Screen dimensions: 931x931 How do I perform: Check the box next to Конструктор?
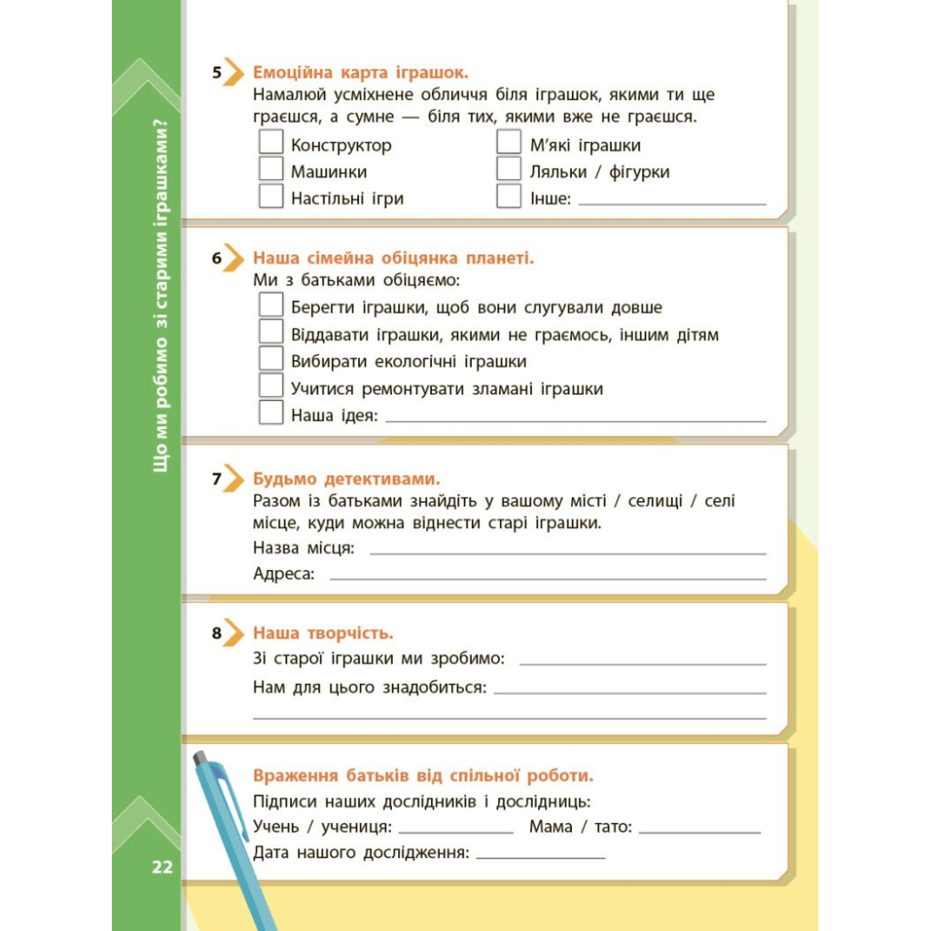coord(271,144)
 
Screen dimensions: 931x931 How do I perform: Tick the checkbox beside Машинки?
coord(271,170)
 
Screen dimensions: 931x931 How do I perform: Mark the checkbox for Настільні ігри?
coord(271,196)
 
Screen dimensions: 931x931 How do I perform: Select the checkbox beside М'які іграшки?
coord(509,144)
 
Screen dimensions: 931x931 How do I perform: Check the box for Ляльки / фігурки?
coord(509,170)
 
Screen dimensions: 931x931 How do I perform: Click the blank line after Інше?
coord(672,203)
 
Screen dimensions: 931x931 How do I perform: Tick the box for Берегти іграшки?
coord(271,305)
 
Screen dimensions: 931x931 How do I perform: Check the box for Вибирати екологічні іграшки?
coord(271,359)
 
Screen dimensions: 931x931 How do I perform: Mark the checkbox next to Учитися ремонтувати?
coord(271,386)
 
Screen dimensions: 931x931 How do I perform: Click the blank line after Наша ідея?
coord(576,420)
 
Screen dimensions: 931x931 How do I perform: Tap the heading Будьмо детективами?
coord(346,478)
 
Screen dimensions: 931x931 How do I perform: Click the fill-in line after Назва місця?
coord(567,552)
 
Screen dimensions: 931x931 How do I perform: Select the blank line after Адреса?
coord(547,577)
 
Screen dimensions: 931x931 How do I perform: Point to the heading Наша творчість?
coord(323,633)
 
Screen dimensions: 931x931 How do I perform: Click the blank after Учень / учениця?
coord(455,831)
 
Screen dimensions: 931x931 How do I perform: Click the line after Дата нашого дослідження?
coord(540,856)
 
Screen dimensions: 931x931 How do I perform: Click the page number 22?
coord(162,867)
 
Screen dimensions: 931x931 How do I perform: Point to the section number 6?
coord(217,258)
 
